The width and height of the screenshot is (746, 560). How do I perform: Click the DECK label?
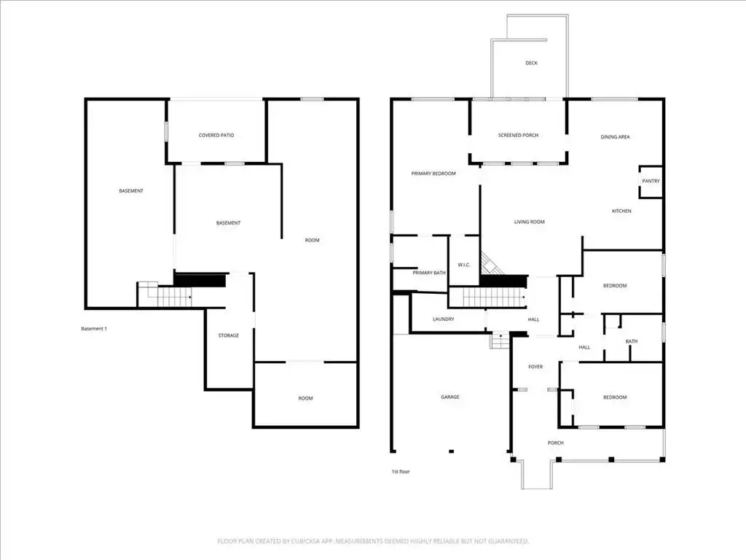tap(531, 63)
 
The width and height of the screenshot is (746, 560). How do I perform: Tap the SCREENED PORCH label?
tap(518, 135)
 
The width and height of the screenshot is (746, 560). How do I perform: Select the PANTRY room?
tap(651, 181)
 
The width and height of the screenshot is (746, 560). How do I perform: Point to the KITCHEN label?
tap(621, 211)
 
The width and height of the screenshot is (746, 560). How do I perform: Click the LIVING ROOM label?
tap(529, 222)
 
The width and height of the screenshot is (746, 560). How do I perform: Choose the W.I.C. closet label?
tap(464, 265)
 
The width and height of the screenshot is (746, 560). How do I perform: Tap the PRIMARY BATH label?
tap(429, 273)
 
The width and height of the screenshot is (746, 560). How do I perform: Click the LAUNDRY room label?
tap(444, 319)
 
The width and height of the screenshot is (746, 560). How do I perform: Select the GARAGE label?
tap(450, 397)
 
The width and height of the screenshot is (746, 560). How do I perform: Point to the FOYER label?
tap(535, 367)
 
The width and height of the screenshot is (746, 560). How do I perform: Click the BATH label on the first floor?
tap(632, 341)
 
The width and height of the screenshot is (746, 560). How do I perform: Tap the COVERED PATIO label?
tap(216, 135)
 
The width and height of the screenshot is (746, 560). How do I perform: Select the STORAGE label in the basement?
tap(228, 335)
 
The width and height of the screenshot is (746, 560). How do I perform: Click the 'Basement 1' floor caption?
tap(94, 329)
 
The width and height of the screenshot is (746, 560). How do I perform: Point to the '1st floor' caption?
tap(401, 472)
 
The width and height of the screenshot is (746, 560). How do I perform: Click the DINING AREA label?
tap(615, 137)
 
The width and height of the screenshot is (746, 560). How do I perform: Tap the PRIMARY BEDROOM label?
tap(433, 174)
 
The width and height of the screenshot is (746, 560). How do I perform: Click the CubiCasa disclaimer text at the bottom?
tap(373, 542)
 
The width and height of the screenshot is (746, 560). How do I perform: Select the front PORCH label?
tap(555, 443)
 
